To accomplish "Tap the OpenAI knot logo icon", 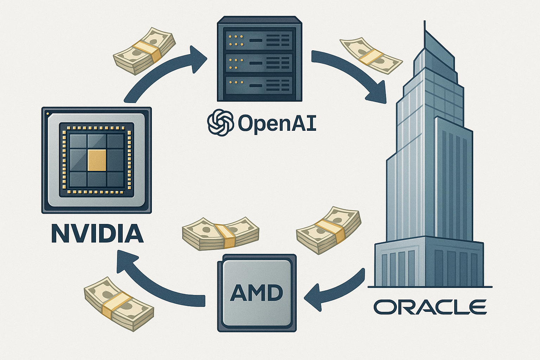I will tap(220, 122).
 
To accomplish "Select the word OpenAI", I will tap(277, 123).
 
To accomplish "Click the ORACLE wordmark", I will tap(430, 307).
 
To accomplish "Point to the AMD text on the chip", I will tap(257, 292).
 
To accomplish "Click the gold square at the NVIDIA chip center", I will tap(97, 160).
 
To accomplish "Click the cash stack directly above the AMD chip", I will tap(220, 233).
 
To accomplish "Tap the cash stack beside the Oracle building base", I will tap(329, 230).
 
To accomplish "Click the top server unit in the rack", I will tap(259, 40).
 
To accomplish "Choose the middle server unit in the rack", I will tap(259, 63).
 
